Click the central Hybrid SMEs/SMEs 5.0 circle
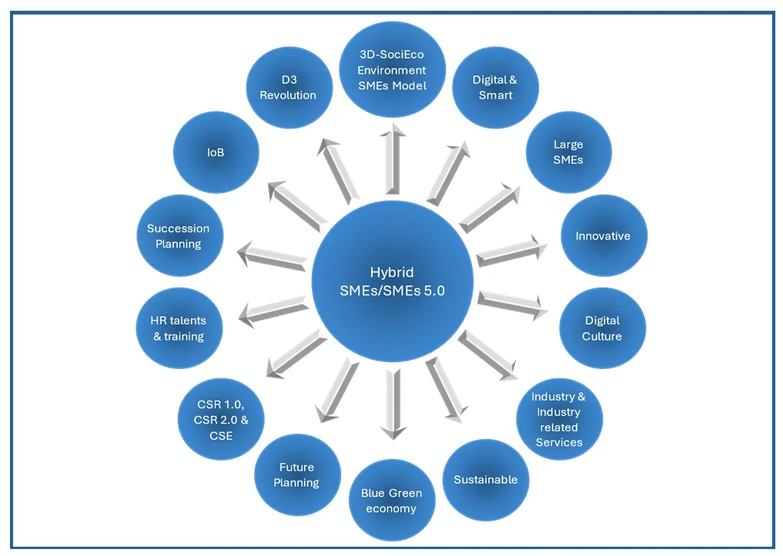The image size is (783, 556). [x=392, y=281]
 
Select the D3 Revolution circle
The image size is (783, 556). [x=288, y=88]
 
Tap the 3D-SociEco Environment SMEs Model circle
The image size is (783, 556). [x=392, y=69]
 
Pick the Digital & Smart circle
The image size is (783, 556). [x=494, y=88]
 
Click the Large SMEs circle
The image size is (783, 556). [x=568, y=152]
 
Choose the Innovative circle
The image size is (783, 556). [x=603, y=236]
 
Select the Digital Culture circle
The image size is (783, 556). [x=602, y=328]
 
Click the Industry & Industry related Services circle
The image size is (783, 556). [x=559, y=419]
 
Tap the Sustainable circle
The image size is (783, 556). [x=486, y=479]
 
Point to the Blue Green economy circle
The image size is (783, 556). [x=391, y=501]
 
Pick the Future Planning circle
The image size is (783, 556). [x=296, y=474]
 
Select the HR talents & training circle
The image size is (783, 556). [x=178, y=328]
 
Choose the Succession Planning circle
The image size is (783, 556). [x=179, y=236]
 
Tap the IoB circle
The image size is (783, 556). [x=216, y=152]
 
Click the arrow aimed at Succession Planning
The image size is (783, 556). [x=273, y=255]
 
